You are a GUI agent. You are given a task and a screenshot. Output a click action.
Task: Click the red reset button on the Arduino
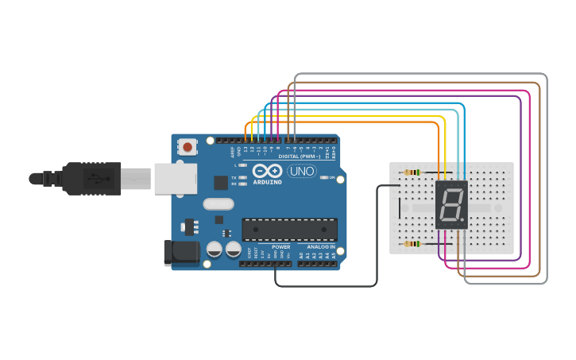[188, 146]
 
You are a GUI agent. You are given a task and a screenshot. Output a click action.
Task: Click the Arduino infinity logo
[267, 170]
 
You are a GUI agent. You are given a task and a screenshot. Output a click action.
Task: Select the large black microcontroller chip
[289, 230]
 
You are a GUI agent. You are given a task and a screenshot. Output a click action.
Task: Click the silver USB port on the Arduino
[175, 179]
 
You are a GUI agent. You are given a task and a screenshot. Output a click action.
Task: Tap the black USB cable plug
[92, 178]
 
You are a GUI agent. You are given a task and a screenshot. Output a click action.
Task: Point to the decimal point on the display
[463, 220]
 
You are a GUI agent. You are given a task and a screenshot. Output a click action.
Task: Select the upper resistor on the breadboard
[412, 172]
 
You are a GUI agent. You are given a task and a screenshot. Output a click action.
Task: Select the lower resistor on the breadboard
[412, 244]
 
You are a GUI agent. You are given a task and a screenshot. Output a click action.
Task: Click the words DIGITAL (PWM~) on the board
[299, 157]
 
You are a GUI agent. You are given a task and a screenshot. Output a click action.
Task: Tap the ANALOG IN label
[321, 246]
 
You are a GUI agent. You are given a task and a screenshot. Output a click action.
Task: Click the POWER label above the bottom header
[281, 246]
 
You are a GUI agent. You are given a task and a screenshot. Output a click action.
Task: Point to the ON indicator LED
[324, 177]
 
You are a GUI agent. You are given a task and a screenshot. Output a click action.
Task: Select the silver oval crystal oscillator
[218, 203]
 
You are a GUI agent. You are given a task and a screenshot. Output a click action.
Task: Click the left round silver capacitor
[215, 249]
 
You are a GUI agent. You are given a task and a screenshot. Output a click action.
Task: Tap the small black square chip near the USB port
[221, 182]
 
